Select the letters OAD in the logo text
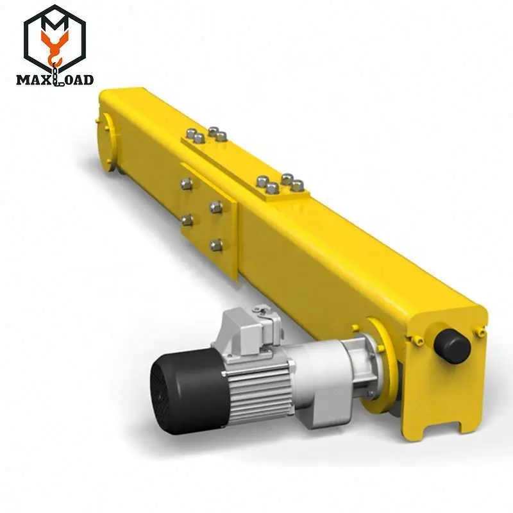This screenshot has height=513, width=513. coord(80,80)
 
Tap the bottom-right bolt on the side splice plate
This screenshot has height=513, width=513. coord(217,244)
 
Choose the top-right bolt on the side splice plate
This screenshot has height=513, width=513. coord(217,207)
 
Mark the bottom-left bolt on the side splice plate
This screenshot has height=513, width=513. coord(188,220)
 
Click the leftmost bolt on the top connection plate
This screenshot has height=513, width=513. coord(190,135)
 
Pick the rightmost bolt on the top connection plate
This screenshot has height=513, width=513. coord(298,186)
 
